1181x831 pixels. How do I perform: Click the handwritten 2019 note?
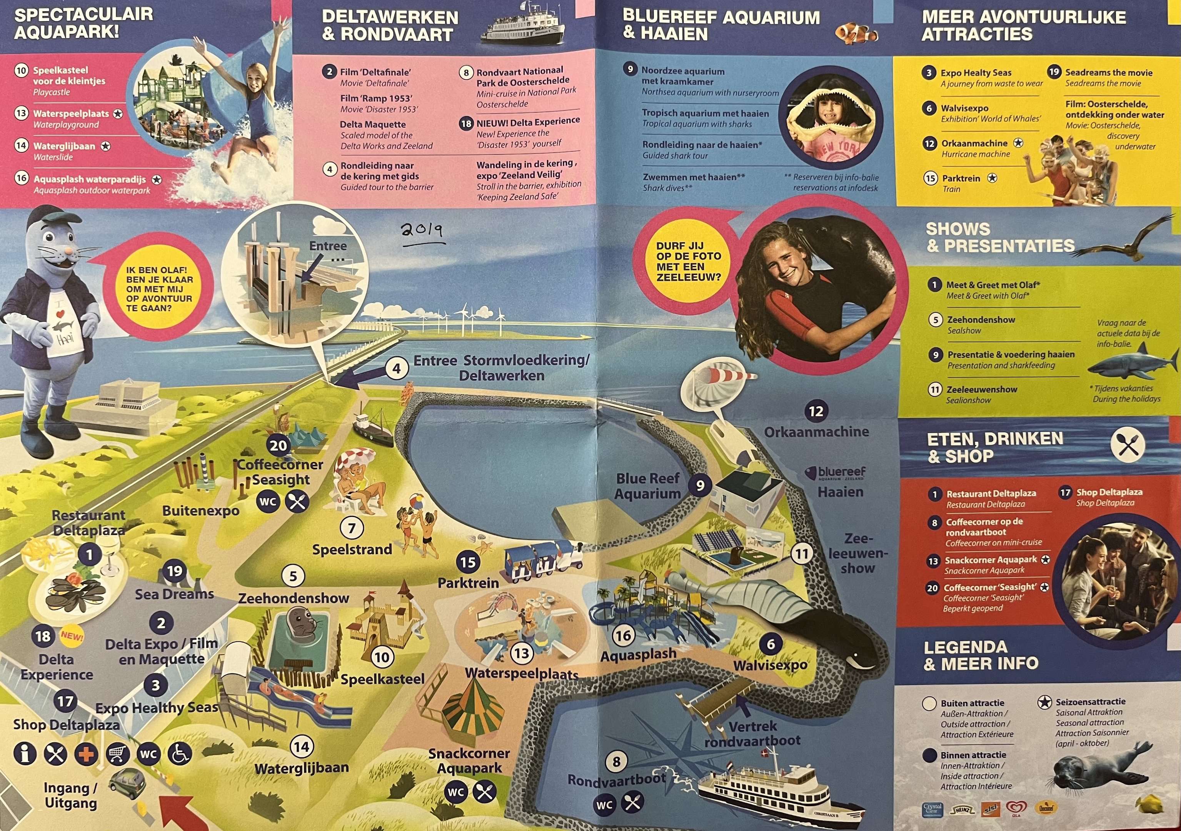(421, 230)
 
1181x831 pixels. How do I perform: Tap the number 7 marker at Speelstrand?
(352, 528)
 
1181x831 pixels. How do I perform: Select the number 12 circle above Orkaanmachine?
(816, 411)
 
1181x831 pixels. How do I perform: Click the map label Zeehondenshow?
(294, 598)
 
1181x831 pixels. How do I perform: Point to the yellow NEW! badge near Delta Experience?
(72, 636)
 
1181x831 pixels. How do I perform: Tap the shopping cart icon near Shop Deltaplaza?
(118, 754)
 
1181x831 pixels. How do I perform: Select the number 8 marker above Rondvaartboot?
(616, 761)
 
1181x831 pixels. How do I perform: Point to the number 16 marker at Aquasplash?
(623, 636)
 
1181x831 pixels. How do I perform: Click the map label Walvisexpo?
(770, 665)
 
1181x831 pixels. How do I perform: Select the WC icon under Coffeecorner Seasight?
(268, 501)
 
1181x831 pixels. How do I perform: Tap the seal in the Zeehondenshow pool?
(303, 622)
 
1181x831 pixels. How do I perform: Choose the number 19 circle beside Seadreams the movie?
(1054, 72)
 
